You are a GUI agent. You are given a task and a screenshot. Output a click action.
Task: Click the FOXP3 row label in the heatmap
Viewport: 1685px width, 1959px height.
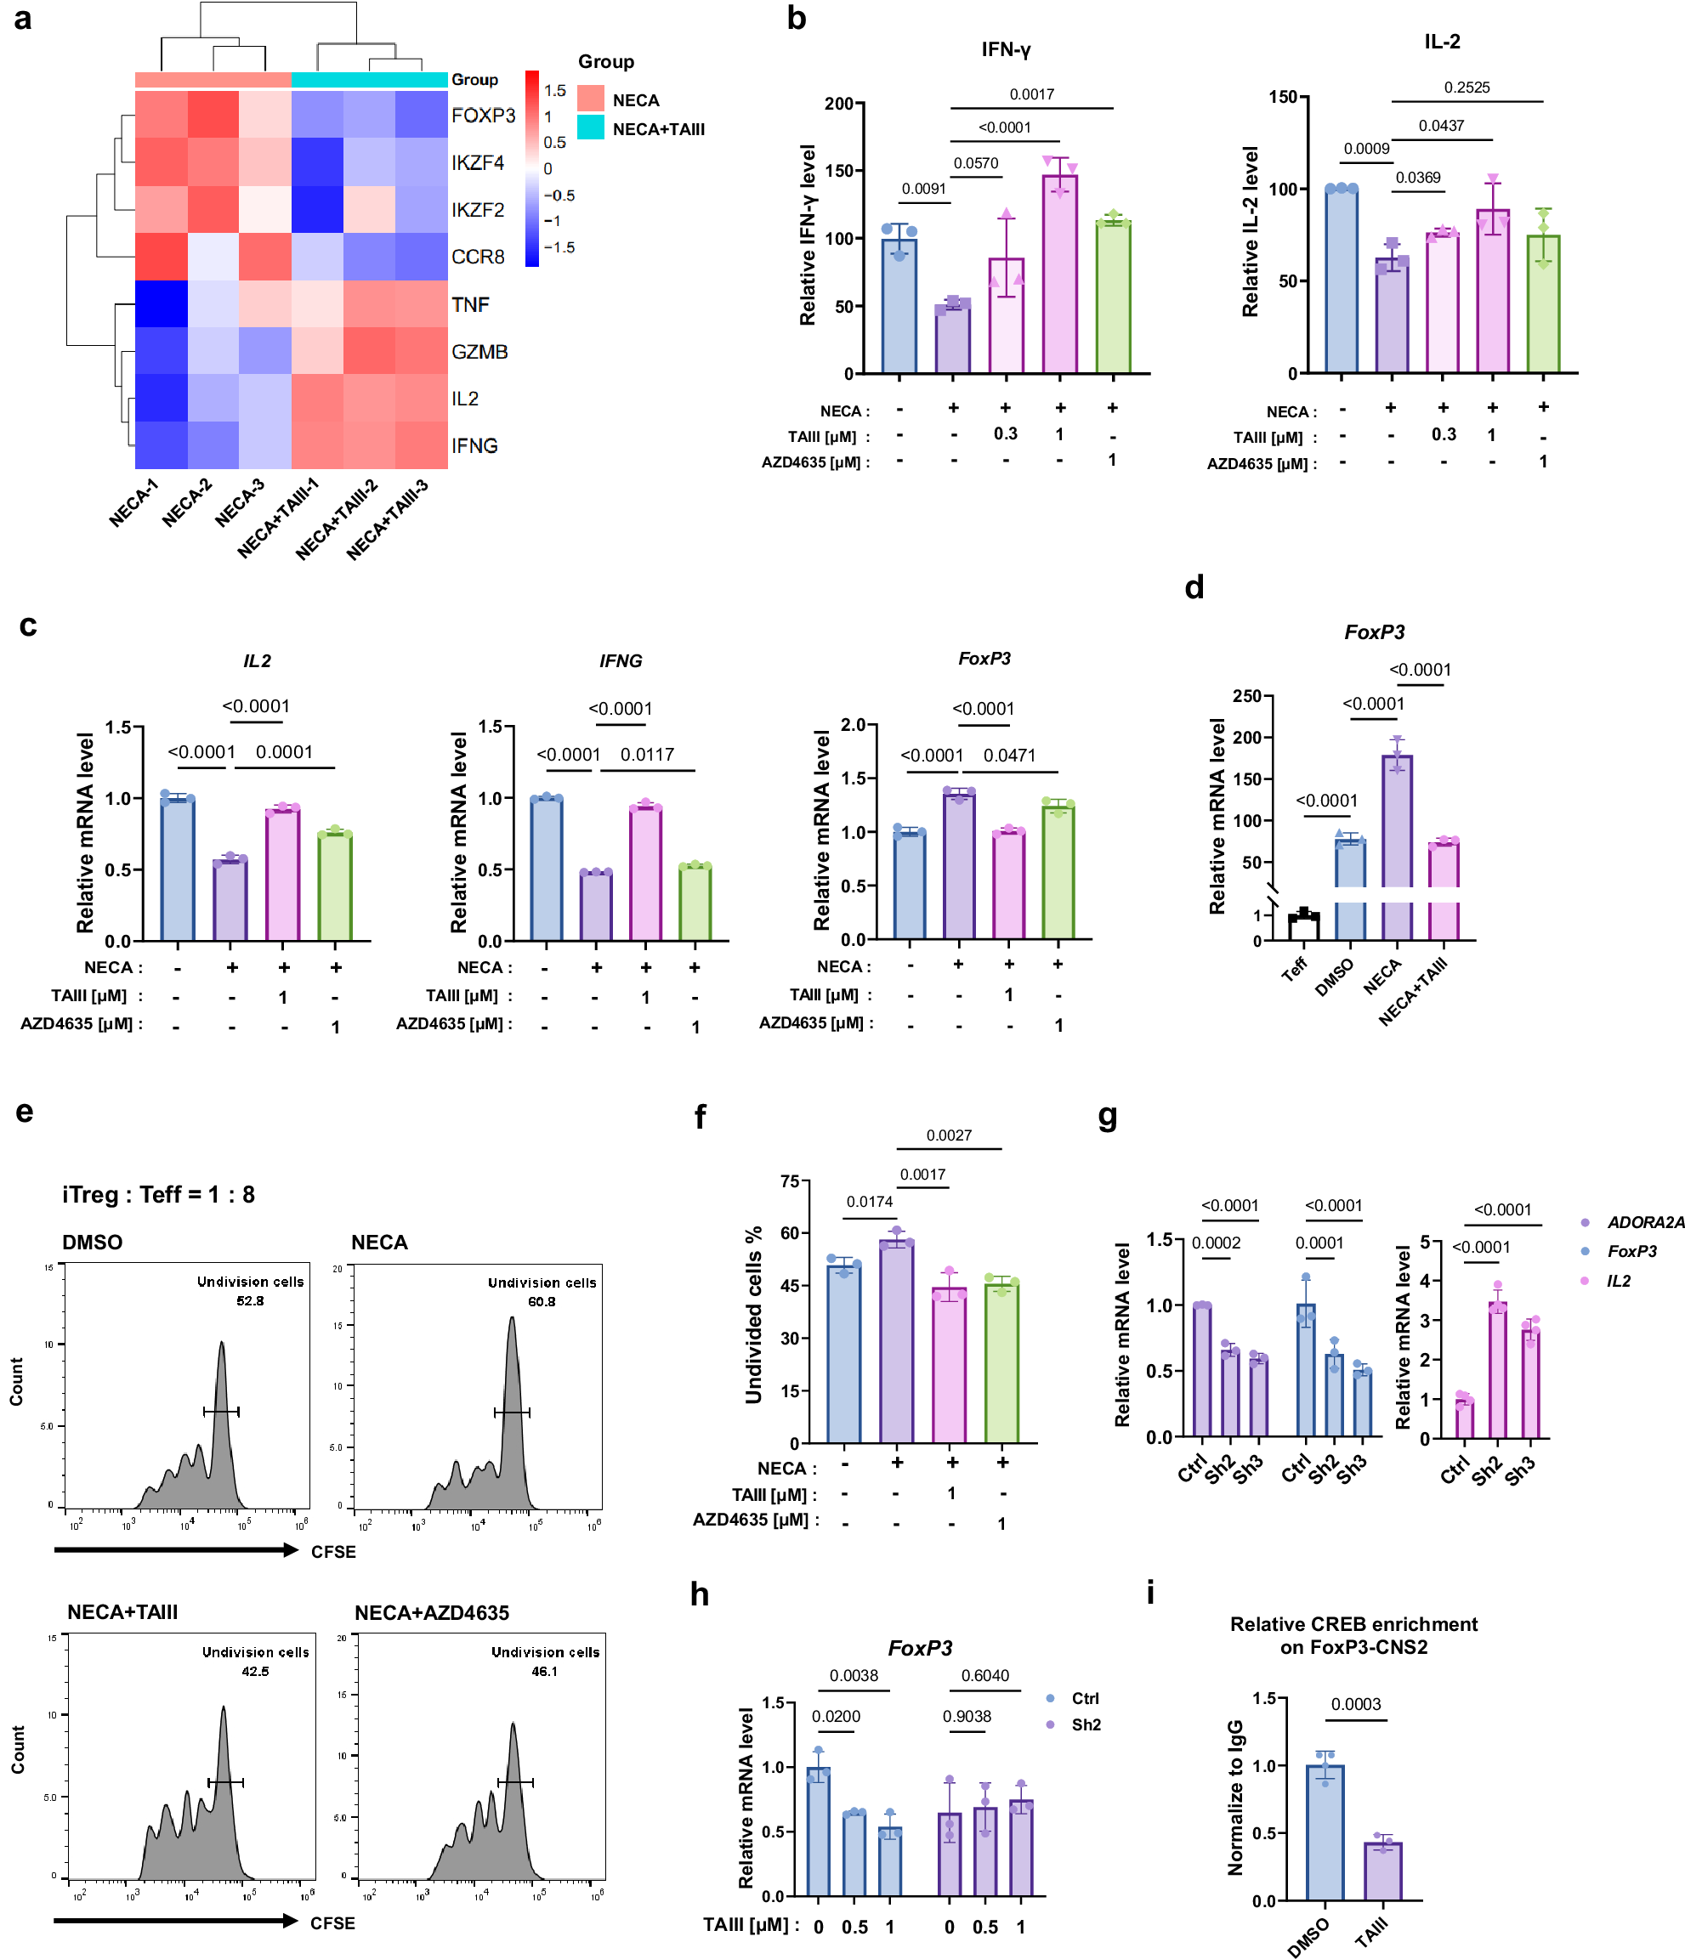482,116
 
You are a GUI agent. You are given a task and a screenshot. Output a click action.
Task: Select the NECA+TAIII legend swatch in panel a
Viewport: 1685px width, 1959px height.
590,127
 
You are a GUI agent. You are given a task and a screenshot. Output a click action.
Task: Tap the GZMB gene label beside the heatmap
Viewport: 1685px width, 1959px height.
479,352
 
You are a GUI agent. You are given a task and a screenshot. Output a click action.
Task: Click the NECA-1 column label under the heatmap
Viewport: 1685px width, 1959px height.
133,502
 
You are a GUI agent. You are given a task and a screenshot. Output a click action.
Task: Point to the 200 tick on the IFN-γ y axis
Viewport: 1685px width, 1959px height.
837,103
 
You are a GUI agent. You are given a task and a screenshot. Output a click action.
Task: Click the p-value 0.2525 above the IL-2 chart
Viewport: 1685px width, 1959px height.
1466,87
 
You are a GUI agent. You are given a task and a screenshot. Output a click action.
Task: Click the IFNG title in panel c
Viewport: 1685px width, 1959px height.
621,661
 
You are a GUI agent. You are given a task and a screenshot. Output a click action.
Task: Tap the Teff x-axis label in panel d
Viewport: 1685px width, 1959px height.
1294,968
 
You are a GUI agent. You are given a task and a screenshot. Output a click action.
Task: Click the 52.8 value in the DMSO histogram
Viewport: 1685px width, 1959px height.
250,1301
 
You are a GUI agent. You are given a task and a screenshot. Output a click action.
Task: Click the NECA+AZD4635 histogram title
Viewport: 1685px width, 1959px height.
431,1613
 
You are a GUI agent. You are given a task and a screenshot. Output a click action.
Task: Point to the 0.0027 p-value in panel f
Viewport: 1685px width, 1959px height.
949,1135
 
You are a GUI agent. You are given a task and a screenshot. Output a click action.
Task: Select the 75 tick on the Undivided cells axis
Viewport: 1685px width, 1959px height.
790,1180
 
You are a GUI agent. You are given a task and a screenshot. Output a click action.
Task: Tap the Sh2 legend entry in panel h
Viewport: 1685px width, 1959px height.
1086,1724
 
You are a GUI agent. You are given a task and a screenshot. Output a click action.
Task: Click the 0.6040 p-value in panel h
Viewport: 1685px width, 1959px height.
984,1675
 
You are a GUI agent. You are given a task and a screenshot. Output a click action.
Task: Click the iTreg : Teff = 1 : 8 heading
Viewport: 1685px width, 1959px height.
158,1194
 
